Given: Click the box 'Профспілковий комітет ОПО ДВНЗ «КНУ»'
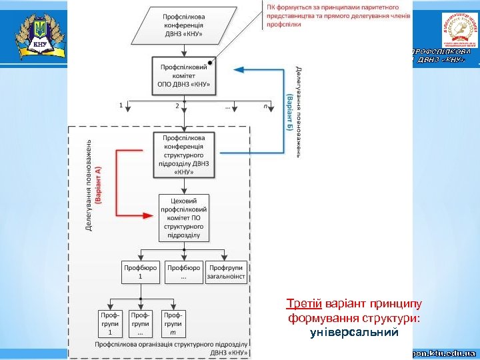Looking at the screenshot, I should (184, 75).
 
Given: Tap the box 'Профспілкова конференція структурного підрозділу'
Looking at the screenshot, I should (184, 155).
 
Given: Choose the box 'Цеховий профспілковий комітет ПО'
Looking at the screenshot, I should (184, 217).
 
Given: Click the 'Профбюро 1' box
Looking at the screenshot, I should (141, 272).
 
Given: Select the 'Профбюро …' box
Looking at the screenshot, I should (184, 272).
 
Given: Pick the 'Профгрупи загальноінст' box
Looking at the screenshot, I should (226, 272).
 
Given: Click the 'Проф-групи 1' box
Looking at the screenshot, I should (110, 323).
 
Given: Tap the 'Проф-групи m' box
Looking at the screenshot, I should (173, 323).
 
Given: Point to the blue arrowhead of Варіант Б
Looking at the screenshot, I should (237, 69).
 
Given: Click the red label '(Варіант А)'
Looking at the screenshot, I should (98, 188).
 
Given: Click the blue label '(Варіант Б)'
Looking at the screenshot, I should (289, 111).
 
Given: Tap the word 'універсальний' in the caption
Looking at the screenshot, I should (354, 331).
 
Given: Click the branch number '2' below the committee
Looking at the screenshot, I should (177, 105).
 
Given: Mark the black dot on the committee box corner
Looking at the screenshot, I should (211, 62).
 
